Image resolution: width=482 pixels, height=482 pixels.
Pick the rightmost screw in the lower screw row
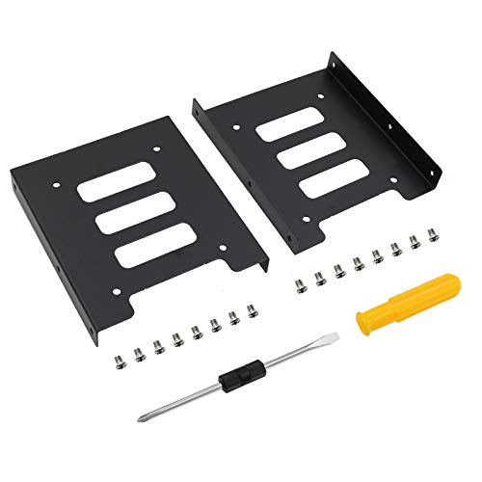tap(253, 310)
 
